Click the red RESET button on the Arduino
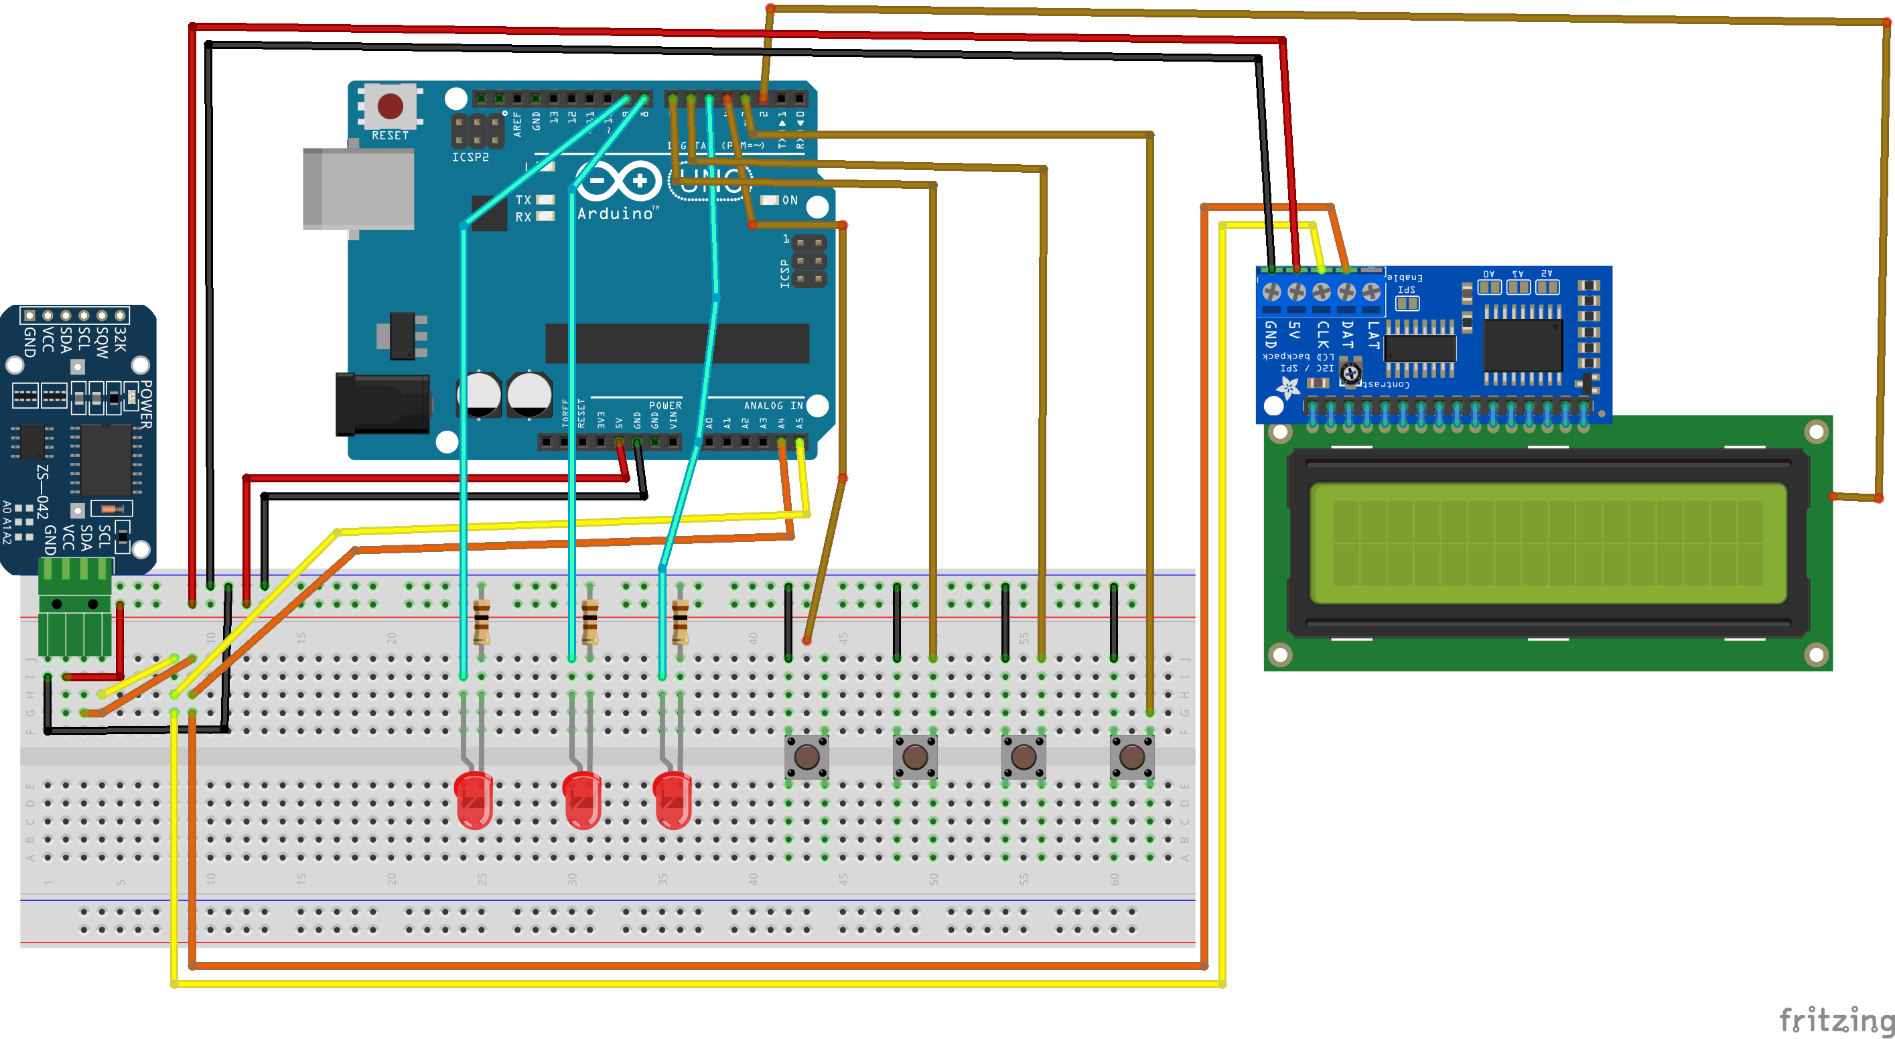(x=390, y=106)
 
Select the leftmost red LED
(x=474, y=800)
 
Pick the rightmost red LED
(x=672, y=800)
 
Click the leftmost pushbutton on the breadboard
(x=807, y=756)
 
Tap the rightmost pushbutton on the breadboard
(x=1132, y=756)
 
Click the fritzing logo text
(x=1835, y=1020)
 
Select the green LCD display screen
(x=1548, y=543)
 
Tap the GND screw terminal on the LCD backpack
(x=1271, y=292)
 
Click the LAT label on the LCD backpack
(x=1373, y=335)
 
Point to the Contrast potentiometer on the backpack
(x=1350, y=372)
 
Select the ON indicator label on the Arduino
(x=789, y=200)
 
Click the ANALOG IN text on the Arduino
(x=772, y=405)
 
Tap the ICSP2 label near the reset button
(x=470, y=157)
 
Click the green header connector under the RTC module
(x=76, y=608)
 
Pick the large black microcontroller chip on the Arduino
(x=677, y=344)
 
